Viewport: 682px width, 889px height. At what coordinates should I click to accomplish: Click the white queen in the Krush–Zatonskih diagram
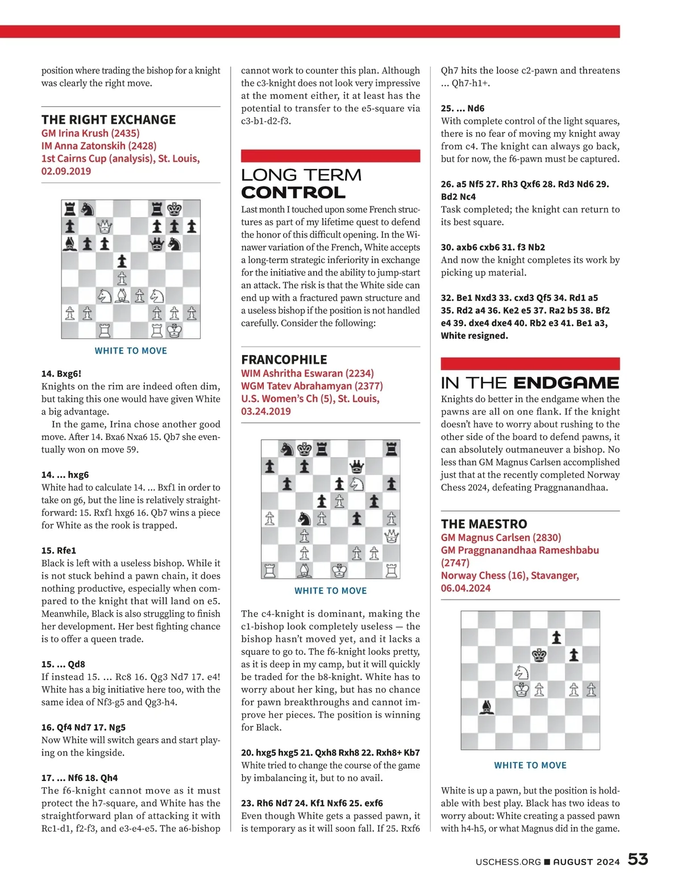[105, 227]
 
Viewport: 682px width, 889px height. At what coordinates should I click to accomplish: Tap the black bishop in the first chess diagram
[70, 244]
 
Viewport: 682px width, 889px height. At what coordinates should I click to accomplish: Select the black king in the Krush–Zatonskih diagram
[174, 209]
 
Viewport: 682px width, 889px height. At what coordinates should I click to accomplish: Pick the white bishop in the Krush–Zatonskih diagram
[122, 296]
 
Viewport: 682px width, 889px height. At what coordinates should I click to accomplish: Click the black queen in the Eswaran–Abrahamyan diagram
[357, 467]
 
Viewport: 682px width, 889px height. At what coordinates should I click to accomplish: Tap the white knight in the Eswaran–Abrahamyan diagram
[357, 484]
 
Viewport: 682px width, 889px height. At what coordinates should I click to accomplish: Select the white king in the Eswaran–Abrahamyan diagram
[339, 570]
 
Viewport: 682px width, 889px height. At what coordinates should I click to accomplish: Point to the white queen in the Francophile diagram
[392, 535]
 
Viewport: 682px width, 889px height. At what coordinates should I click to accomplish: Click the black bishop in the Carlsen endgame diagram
[487, 707]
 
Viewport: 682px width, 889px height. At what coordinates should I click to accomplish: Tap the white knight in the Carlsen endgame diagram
[522, 672]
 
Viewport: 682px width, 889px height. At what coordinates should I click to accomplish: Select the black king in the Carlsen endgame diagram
[539, 655]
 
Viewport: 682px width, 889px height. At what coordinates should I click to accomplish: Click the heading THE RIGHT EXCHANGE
[109, 120]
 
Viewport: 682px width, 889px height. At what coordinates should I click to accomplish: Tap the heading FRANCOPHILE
[284, 360]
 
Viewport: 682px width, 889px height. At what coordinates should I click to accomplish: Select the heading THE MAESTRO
[484, 524]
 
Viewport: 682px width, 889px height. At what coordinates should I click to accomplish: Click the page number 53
[638, 859]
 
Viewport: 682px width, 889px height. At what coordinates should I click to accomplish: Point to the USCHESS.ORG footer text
[508, 862]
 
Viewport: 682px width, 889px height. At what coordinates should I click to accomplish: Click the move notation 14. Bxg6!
[61, 373]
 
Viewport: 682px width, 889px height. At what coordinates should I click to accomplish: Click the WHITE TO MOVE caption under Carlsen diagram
[530, 765]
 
